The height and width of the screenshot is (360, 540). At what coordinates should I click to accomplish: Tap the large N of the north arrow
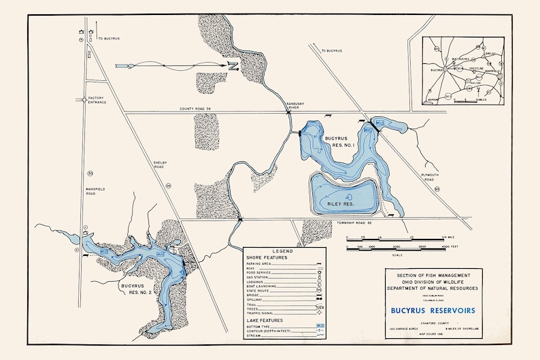click(x=232, y=66)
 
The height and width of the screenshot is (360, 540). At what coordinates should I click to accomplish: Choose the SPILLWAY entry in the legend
click(x=257, y=297)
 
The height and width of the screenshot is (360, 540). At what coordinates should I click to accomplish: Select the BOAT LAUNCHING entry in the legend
click(x=263, y=285)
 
